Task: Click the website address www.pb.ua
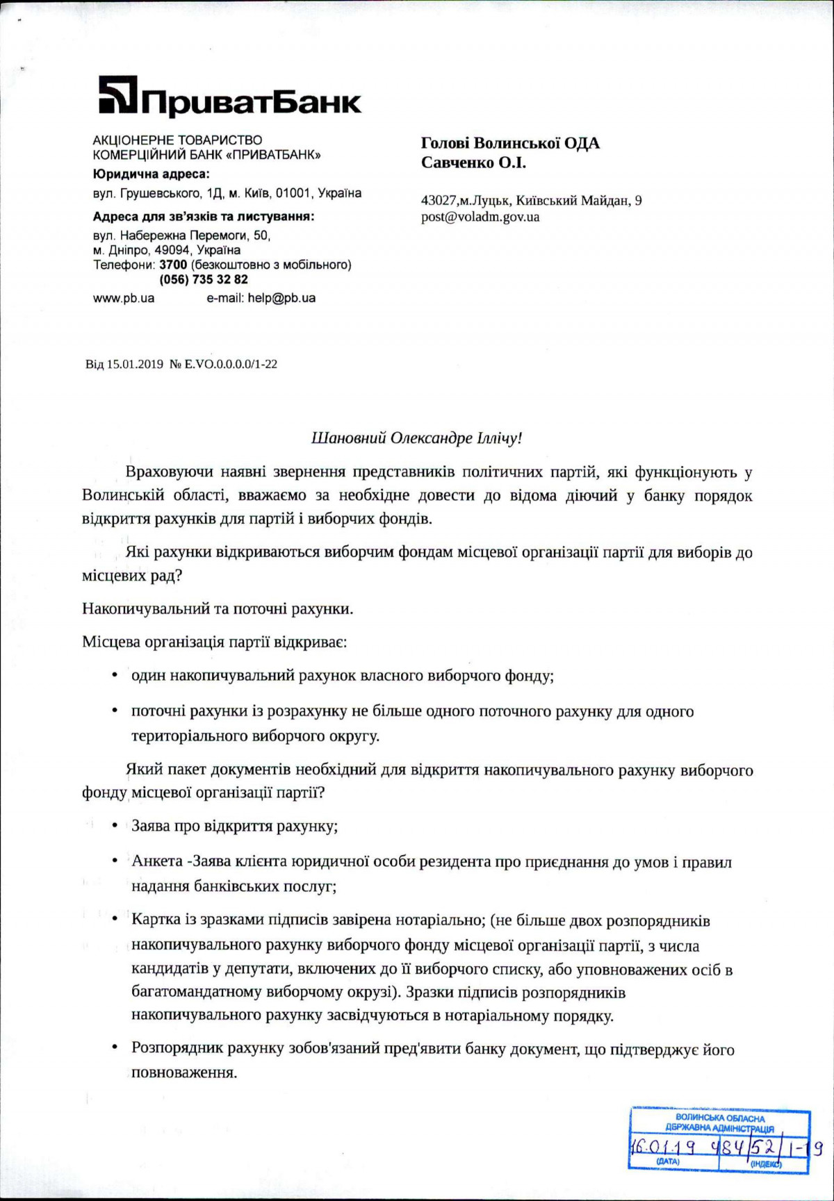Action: click(124, 298)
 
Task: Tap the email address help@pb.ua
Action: click(281, 298)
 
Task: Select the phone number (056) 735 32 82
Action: click(204, 279)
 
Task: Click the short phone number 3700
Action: click(173, 265)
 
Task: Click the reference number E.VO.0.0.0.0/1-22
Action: click(230, 364)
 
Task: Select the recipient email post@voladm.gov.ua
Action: click(480, 217)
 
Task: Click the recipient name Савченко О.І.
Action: click(473, 163)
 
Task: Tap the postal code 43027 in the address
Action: click(439, 201)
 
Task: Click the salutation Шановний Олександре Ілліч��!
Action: click(416, 438)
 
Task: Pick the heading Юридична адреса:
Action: click(151, 174)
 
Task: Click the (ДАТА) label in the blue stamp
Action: click(667, 1161)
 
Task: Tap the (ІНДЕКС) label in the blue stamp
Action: click(766, 1163)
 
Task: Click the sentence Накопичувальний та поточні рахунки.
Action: click(218, 609)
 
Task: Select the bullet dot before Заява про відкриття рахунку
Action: click(115, 825)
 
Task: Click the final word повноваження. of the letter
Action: click(184, 1072)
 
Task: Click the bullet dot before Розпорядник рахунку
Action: click(115, 1047)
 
